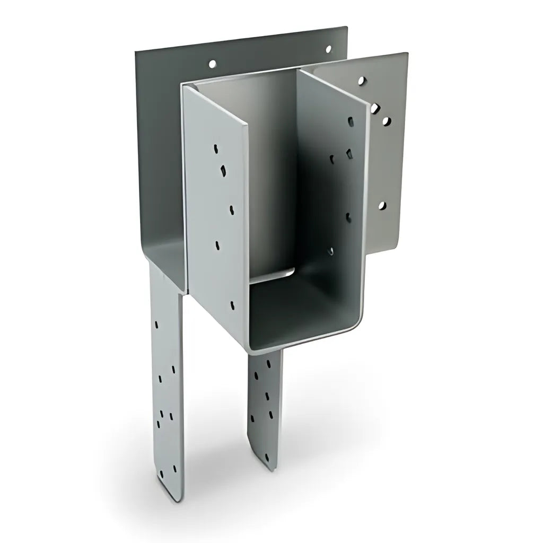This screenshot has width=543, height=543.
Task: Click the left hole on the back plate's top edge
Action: [x=212, y=64]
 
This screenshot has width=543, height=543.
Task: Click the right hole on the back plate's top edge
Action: [x=328, y=49]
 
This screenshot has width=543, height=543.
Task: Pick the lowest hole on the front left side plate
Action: [x=232, y=305]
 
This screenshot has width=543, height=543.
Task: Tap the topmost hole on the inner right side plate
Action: [x=351, y=121]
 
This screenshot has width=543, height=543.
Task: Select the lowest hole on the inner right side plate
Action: [x=331, y=251]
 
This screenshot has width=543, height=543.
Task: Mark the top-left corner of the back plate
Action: [x=136, y=51]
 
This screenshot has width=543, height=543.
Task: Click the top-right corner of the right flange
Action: [x=406, y=54]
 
